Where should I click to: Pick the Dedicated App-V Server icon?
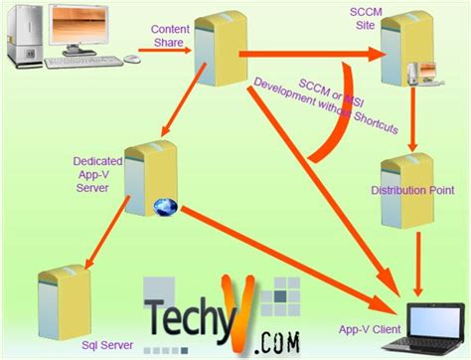tap(150, 179)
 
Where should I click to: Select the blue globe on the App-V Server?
tap(165, 208)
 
